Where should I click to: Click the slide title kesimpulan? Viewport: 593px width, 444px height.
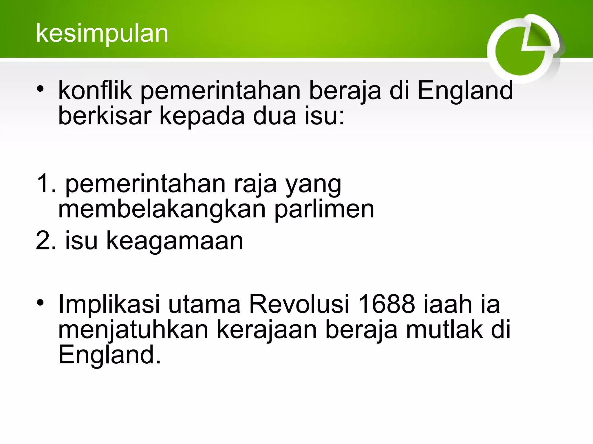tap(102, 34)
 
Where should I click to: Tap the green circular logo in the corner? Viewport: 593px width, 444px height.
tap(523, 49)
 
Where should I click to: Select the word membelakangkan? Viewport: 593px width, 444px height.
tap(162, 210)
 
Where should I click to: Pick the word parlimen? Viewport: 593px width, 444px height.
tap(324, 210)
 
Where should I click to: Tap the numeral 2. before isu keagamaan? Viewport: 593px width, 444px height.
tap(46, 240)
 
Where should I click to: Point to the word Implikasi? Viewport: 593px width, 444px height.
tap(109, 305)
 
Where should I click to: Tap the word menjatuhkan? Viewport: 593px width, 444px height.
tap(133, 330)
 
